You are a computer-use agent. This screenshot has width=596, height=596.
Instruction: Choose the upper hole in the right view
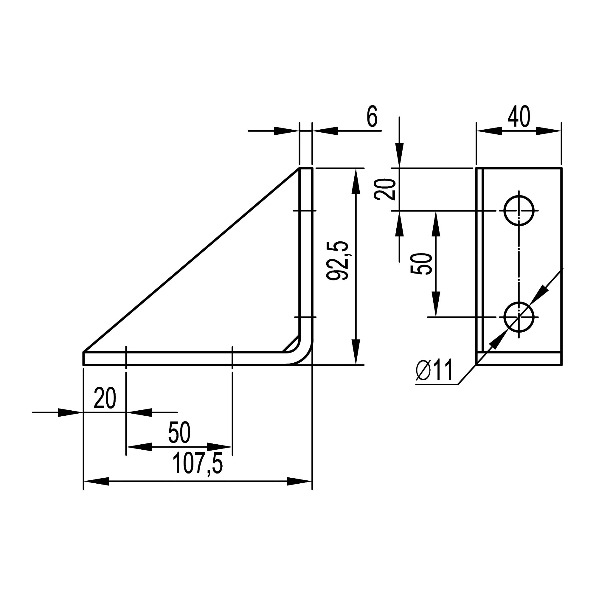519,211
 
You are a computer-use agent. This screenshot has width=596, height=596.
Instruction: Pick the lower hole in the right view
519,317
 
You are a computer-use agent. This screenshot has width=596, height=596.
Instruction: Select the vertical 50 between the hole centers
421,264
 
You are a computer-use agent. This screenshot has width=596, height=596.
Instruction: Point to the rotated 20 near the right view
385,190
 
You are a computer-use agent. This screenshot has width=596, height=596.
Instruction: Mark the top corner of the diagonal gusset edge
299,168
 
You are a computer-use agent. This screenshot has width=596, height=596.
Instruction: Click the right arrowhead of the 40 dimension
549,131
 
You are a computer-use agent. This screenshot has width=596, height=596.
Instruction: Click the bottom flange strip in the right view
519,358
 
